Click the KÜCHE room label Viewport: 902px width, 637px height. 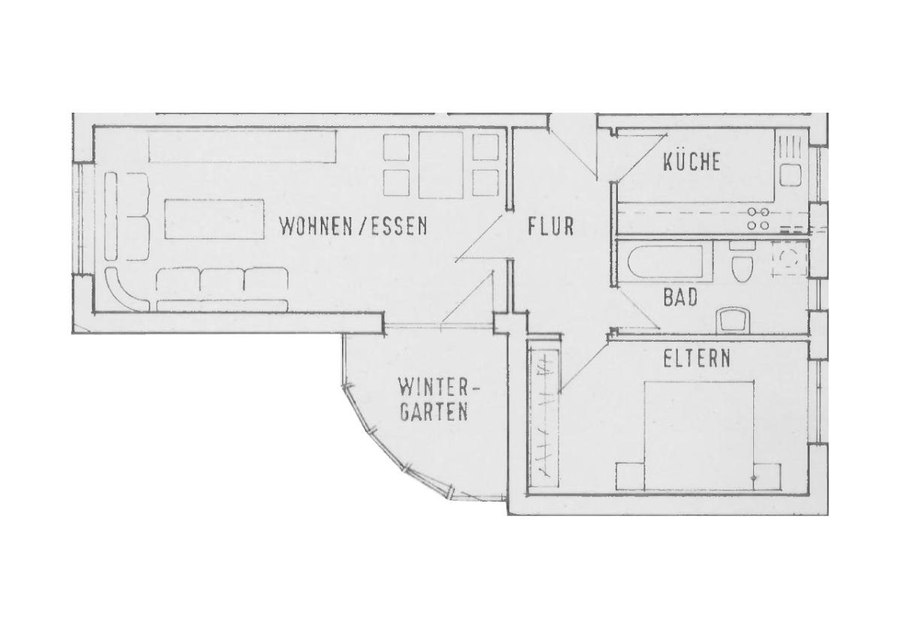692,162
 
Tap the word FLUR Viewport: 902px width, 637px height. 551,227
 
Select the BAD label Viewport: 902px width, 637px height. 680,297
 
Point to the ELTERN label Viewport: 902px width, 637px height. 697,358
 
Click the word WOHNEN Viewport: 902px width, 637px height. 315,226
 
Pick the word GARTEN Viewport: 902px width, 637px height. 434,411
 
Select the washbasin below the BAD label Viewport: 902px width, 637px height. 733,321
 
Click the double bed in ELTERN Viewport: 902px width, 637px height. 699,436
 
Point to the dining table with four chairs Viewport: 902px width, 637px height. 440,165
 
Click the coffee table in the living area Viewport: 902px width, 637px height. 214,219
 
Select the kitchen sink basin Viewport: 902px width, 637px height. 790,174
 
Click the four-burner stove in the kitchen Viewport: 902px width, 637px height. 758,219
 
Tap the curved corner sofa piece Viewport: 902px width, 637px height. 126,288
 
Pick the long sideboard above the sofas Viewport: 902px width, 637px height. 242,146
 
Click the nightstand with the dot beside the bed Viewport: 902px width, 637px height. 767,477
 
